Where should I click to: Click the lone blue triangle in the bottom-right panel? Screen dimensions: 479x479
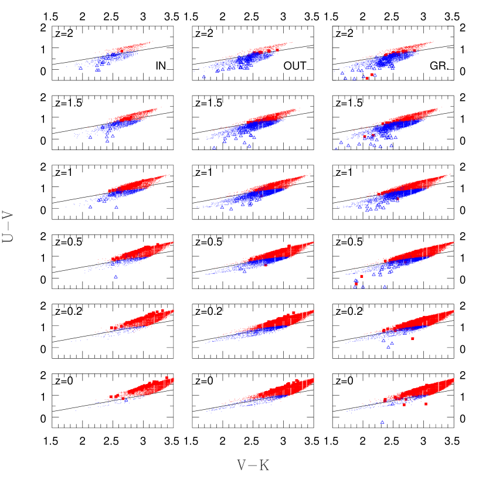click(382, 422)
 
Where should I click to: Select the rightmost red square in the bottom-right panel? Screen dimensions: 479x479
click(426, 404)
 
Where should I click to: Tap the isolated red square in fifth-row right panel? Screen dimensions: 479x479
click(413, 338)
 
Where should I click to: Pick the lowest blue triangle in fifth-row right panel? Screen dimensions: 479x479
click(388, 347)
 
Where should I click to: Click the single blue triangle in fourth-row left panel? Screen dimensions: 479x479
click(115, 277)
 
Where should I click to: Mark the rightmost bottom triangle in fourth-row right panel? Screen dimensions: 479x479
click(385, 287)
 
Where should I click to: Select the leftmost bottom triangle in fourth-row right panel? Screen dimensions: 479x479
click(355, 287)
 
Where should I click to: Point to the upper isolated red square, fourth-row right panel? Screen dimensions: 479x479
click(362, 276)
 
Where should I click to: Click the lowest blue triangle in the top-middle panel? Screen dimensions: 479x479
click(203, 77)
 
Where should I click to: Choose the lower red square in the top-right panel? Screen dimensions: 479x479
click(367, 78)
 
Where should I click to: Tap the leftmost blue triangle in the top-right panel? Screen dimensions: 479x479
click(342, 73)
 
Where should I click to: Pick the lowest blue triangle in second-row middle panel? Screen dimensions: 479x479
click(214, 148)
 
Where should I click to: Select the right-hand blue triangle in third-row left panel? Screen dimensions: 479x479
click(116, 207)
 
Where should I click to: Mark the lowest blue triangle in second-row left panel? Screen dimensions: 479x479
click(107, 141)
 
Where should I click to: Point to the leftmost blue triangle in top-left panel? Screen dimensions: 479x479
click(81, 69)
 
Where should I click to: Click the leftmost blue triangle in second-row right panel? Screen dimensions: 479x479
click(336, 149)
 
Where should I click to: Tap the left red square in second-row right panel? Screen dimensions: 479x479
click(365, 137)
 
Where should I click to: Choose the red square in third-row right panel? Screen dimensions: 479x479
click(398, 199)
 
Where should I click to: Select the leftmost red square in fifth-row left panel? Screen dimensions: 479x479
click(111, 328)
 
